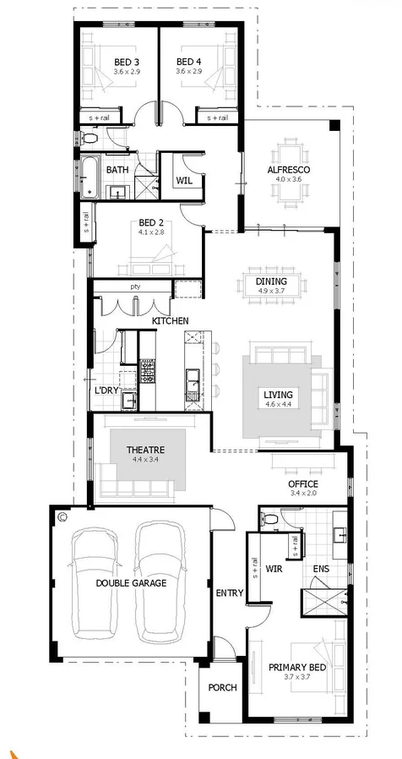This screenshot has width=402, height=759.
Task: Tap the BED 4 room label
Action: (188, 62)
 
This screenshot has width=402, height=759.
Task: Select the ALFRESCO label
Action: (289, 170)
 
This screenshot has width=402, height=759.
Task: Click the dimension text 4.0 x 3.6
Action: (289, 180)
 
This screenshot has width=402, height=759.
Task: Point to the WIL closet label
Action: (184, 181)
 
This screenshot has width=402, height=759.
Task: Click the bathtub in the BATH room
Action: (89, 177)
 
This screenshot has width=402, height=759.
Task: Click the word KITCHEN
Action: (170, 321)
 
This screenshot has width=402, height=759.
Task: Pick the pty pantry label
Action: (134, 287)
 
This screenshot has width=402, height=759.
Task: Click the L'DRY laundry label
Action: (106, 390)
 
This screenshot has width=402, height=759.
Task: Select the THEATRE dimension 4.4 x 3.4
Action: (144, 461)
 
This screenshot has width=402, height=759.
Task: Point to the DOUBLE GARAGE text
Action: (130, 583)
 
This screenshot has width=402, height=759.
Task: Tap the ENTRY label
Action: (230, 592)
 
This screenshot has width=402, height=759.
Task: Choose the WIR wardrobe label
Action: (274, 569)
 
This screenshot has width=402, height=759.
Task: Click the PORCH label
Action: (222, 687)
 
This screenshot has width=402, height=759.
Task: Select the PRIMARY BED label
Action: (297, 668)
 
